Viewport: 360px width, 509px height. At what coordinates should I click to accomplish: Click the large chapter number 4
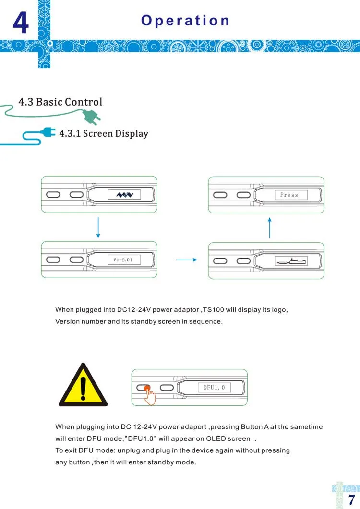[x=20, y=23]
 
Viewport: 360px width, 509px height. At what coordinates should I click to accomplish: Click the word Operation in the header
[x=185, y=21]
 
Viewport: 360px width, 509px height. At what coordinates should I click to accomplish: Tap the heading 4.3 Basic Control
[x=60, y=102]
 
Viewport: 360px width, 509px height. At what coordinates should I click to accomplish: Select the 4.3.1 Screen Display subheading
[x=104, y=133]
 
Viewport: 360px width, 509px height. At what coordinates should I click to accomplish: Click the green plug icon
[x=91, y=117]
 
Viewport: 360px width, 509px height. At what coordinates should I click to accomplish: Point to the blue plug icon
[x=48, y=132]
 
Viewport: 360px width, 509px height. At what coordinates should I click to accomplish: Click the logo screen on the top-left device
[x=124, y=194]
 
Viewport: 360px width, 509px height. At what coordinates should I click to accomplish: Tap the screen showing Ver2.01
[x=123, y=260]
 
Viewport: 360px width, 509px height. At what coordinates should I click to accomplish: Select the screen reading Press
[x=289, y=195]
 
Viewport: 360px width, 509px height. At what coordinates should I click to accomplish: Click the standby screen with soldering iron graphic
[x=290, y=261]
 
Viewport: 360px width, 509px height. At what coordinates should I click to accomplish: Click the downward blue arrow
[x=98, y=227]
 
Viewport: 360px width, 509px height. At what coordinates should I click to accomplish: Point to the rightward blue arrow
[x=187, y=260]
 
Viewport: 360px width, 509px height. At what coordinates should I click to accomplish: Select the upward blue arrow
[x=270, y=228]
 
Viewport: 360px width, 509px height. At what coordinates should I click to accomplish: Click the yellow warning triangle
[x=83, y=387]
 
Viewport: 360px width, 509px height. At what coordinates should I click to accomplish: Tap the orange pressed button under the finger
[x=146, y=388]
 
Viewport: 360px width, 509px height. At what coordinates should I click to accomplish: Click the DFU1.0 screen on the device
[x=214, y=387]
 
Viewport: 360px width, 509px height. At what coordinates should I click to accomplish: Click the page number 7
[x=351, y=499]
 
